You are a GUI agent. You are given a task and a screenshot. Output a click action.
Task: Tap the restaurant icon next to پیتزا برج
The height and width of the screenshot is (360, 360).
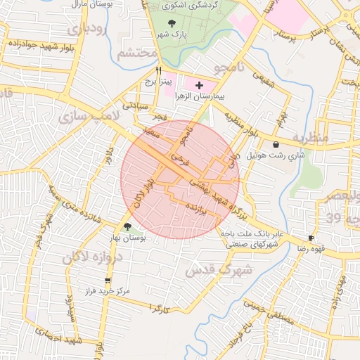click(159, 71)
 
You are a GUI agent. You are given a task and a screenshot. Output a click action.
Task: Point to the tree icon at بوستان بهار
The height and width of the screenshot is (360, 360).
click(127, 226)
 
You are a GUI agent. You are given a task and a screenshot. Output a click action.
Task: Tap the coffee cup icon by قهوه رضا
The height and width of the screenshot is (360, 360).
click(311, 238)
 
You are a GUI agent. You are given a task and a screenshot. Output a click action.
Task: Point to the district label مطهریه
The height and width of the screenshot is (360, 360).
click(310, 137)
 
